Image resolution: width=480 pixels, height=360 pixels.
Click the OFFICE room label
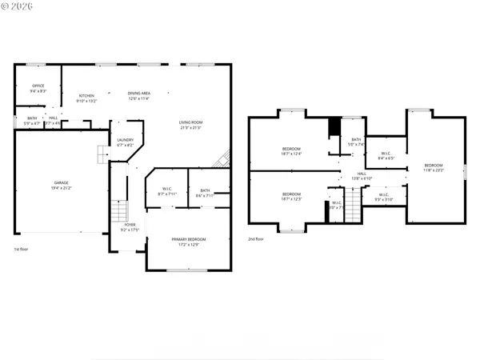38,86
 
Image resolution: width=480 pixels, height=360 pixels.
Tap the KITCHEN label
86,95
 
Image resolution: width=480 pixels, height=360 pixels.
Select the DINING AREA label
139,94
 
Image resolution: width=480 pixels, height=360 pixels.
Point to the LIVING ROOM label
190,122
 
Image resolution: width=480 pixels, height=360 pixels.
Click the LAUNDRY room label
125,139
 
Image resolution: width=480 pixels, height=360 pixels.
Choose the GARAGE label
62,182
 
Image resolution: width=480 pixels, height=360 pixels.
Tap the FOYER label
130,225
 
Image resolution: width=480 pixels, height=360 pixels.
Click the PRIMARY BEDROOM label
188,239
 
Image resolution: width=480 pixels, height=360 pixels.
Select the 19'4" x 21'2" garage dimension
62,188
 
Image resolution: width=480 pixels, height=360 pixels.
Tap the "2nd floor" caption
256,239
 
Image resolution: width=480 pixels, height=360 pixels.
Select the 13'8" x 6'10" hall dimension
362,178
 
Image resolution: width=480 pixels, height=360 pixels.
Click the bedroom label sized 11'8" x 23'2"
433,165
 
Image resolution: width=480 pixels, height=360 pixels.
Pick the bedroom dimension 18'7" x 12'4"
291,154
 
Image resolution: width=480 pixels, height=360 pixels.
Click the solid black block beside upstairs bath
334,128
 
